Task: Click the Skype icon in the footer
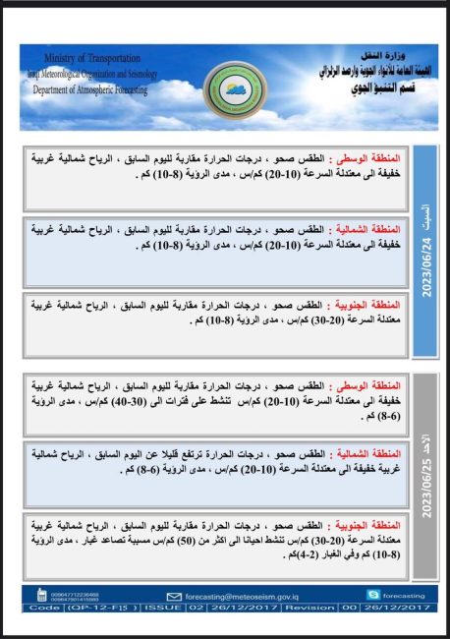(372, 595)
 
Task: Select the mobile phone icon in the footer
(40, 595)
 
